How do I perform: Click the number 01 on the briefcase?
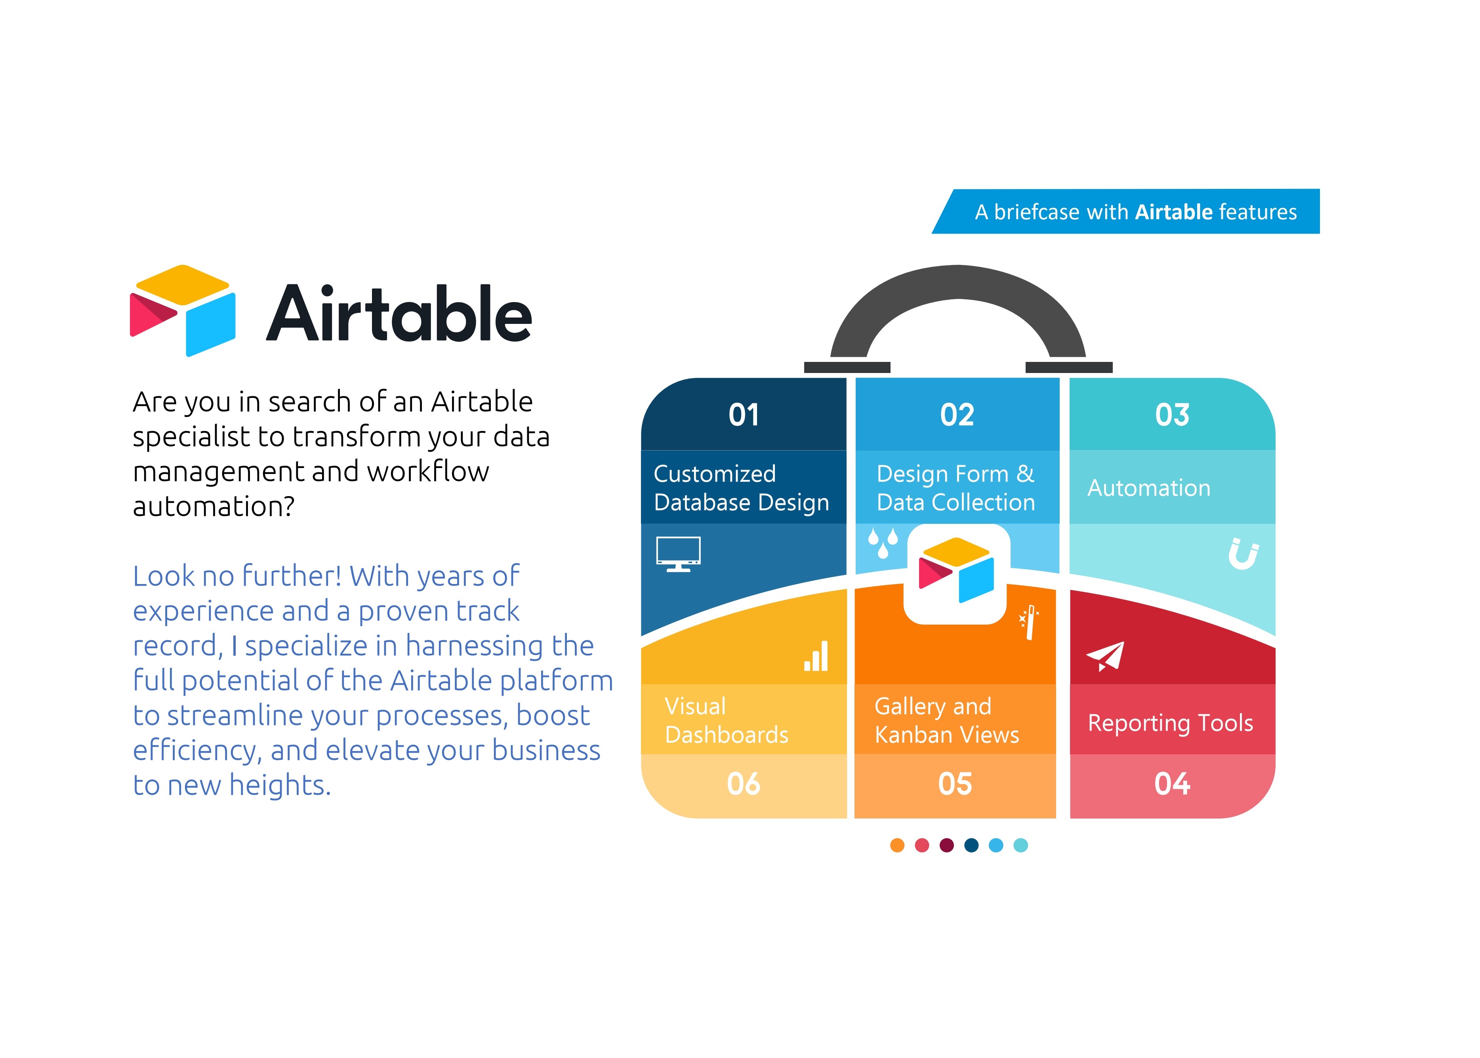pos(744,415)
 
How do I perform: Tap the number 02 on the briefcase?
pos(957,415)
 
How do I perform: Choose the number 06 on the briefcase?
pos(744,784)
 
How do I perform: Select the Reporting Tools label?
pos(1171,723)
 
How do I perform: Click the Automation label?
pos(1149,488)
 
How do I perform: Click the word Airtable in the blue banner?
pos(1174,212)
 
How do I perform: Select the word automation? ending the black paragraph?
pos(214,506)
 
